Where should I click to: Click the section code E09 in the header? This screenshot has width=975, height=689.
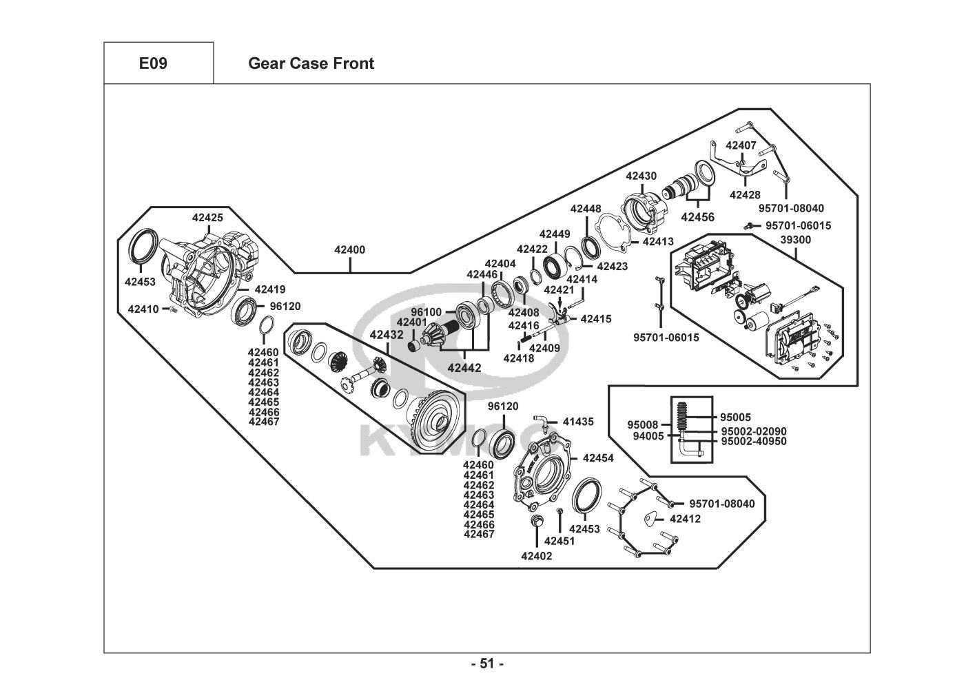[x=152, y=63]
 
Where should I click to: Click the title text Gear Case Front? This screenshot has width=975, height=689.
[x=311, y=63]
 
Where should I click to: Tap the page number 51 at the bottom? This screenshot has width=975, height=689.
[x=487, y=664]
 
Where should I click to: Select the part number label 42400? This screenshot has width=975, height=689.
[x=349, y=250]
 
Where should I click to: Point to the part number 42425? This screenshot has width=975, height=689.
[x=207, y=218]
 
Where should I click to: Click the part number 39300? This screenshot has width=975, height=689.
[x=796, y=240]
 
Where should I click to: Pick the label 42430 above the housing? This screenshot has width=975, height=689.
[x=641, y=176]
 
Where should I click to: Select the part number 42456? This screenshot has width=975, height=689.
[x=698, y=217]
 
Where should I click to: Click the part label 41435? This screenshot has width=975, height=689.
[x=578, y=421]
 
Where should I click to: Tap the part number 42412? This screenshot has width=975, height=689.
[x=685, y=519]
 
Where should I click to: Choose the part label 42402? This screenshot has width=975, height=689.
[x=537, y=556]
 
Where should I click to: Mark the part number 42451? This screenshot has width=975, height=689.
[x=560, y=541]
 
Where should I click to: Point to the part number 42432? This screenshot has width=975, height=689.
[x=387, y=335]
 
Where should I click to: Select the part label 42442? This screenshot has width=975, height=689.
[x=464, y=367]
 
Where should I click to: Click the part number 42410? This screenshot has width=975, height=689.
[x=143, y=309]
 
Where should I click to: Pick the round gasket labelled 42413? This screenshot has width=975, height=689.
[x=615, y=230]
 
